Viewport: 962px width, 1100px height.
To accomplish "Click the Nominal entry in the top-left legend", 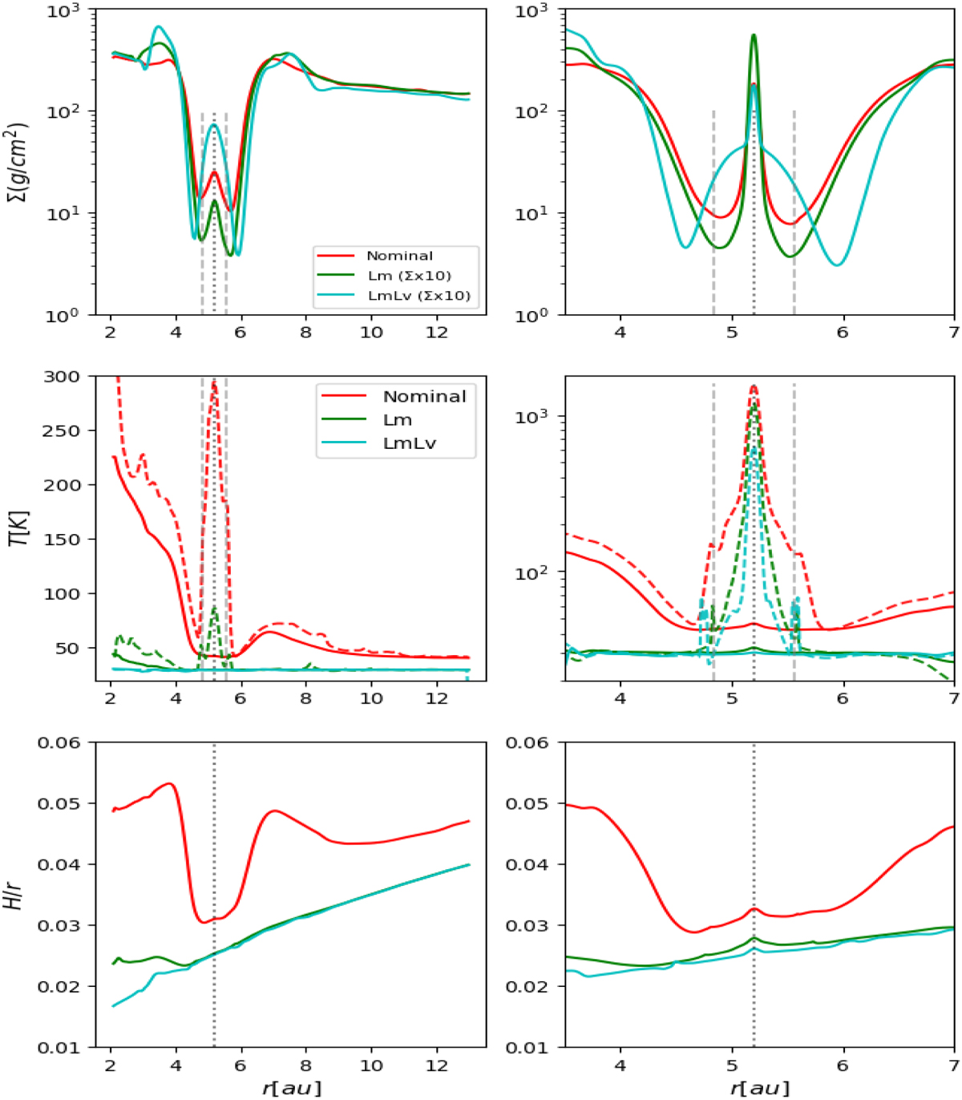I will [x=399, y=256].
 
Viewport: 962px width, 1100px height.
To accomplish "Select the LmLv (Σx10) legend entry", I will [x=418, y=296].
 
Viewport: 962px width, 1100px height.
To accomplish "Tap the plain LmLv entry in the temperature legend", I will [x=409, y=443].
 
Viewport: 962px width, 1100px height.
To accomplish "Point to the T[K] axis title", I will [x=18, y=528].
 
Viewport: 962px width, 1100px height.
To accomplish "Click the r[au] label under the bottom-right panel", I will [x=759, y=1088].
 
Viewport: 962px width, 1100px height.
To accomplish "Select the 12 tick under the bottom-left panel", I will [x=436, y=1065].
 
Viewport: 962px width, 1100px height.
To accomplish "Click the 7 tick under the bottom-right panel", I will [x=953, y=1065].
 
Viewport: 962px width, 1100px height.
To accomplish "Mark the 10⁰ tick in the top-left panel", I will [x=62, y=315].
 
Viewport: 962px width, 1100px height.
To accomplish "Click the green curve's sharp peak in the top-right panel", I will [x=754, y=35].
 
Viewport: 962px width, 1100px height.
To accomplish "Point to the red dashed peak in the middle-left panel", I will [x=214, y=383].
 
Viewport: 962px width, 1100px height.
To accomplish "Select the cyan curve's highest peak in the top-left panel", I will [x=159, y=26].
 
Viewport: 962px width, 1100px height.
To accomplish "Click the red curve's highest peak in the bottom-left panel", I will [x=169, y=783].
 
